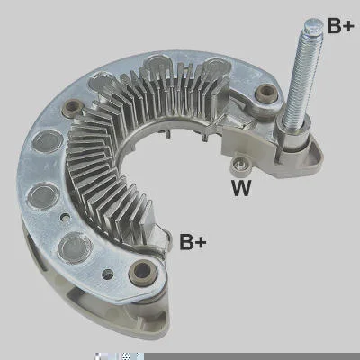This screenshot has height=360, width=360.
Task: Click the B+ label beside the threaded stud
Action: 340,25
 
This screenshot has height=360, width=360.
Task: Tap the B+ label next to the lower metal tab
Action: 193,241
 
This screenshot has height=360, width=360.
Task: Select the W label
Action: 241,188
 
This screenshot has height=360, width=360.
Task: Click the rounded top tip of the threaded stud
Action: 313,25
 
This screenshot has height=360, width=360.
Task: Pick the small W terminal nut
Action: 240,165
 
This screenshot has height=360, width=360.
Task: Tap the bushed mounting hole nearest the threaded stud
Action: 266,93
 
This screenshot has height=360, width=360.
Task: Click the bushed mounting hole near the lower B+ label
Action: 142,271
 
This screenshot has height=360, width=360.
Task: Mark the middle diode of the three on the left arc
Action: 42,196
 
